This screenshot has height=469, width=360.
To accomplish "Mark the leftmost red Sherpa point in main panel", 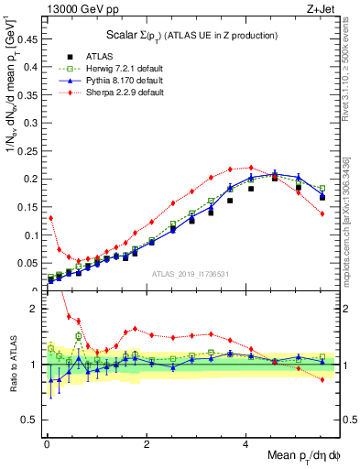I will (50, 218).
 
